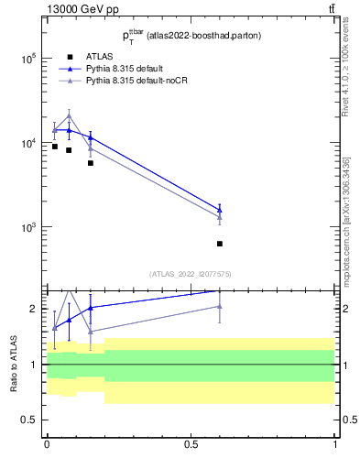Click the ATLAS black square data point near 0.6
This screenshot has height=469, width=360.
point(220,244)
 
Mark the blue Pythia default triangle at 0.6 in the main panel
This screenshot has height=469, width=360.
point(220,209)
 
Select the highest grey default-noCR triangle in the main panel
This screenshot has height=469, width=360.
point(69,116)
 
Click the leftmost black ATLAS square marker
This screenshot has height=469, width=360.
point(54,147)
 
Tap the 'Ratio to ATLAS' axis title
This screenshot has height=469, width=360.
point(14,365)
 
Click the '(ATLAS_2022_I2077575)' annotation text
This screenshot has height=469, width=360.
point(190,274)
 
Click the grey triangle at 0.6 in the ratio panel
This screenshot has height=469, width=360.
point(220,306)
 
